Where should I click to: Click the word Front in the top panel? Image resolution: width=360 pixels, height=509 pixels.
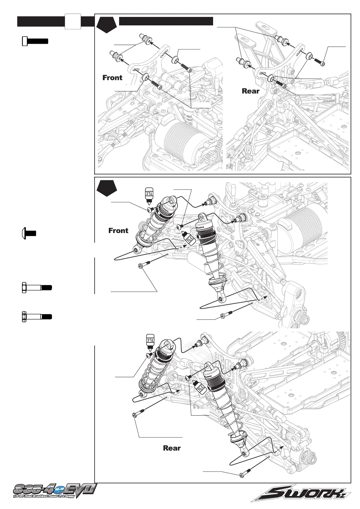coord(112,78)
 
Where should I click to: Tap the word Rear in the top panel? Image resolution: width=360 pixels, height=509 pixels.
coord(251,91)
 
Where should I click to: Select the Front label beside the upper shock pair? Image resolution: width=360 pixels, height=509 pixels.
coord(118,231)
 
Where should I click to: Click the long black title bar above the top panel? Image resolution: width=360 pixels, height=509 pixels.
coord(166,21)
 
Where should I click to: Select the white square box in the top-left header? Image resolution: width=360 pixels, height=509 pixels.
coord(73,21)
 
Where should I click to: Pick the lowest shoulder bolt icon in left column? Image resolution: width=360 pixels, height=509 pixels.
coord(37,317)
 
